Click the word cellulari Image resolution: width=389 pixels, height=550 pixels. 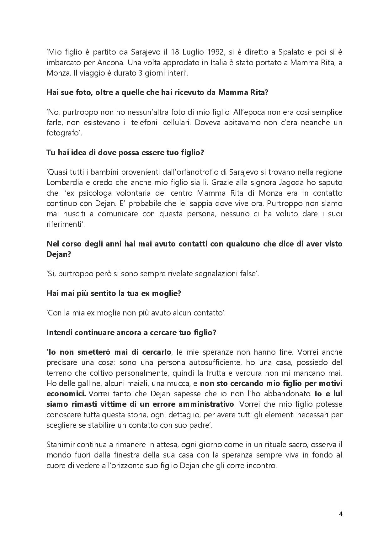pyautogui.click(x=175, y=122)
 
